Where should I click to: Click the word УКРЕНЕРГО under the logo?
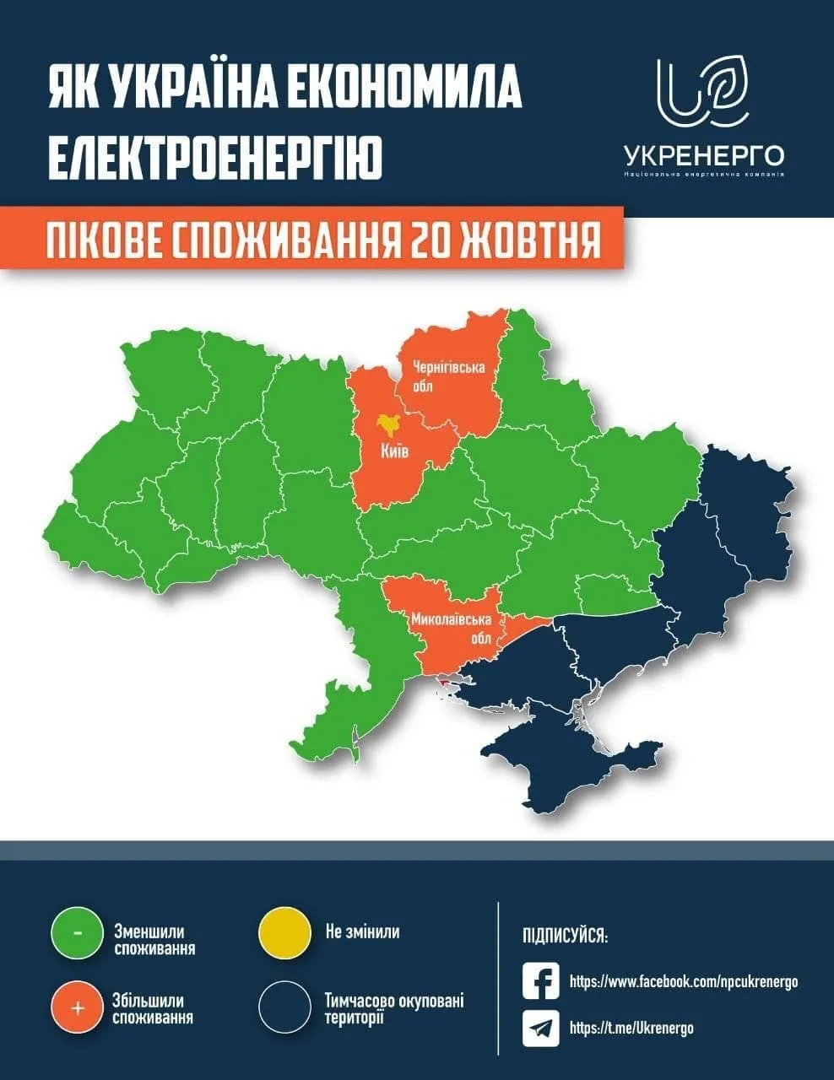pos(704,155)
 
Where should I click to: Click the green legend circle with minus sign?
pos(77,934)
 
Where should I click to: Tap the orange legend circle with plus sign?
pos(77,1007)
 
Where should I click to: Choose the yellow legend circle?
pos(284,934)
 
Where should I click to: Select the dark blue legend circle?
pos(284,1007)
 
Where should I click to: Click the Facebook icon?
pos(541,981)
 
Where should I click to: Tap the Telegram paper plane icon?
pos(541,1028)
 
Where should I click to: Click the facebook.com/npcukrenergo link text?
pos(684,982)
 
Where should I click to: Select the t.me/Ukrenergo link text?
pos(631,1028)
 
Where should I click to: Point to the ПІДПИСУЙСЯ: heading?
pos(565,937)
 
